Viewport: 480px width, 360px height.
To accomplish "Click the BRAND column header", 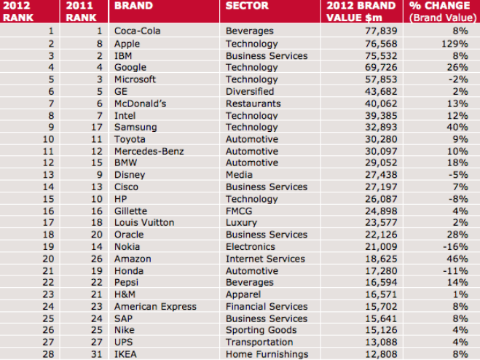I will [x=134, y=6].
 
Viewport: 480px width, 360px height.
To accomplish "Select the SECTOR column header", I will [x=248, y=6].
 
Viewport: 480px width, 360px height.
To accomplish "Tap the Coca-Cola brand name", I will [x=138, y=31].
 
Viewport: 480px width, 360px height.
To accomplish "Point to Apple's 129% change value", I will [x=459, y=44].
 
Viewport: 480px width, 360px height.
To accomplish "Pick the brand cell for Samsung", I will [x=135, y=128].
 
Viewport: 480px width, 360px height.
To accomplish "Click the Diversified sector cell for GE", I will [x=250, y=92].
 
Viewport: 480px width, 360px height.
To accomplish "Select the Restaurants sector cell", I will [x=252, y=103].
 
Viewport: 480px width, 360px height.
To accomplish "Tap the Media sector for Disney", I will [x=240, y=175].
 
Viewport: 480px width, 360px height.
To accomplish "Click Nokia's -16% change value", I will [x=460, y=247].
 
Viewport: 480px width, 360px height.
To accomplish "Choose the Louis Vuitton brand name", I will [x=144, y=223].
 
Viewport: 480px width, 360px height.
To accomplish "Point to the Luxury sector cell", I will [x=241, y=223].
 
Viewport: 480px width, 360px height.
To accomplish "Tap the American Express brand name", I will [x=155, y=307].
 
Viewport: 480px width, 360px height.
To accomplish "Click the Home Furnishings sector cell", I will [x=267, y=355].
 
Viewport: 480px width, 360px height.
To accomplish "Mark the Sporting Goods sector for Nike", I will [x=261, y=331].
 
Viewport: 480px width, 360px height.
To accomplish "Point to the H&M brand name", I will [x=127, y=295].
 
